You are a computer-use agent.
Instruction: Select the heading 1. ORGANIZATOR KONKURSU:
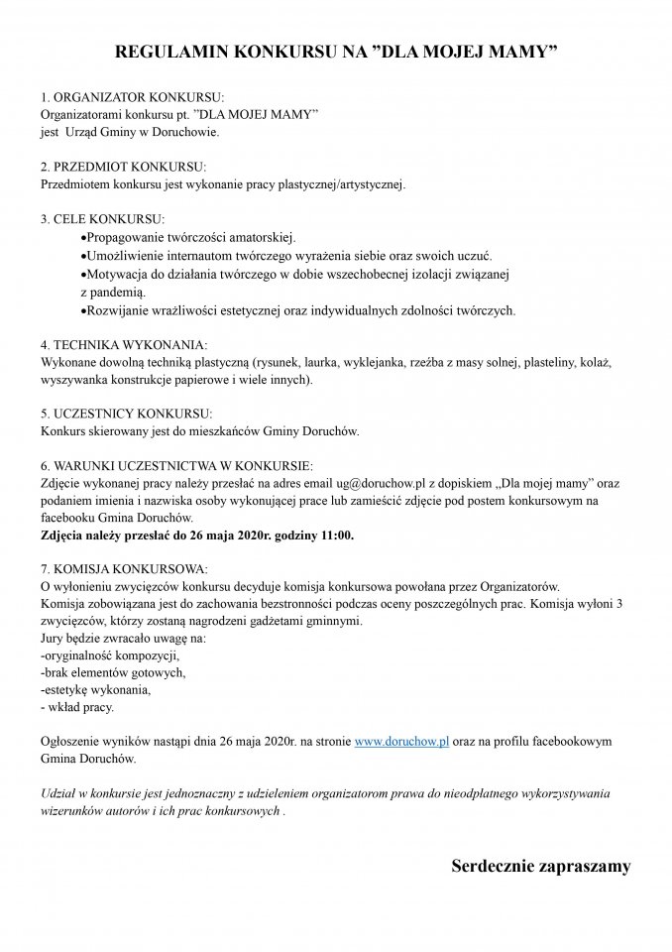(x=133, y=99)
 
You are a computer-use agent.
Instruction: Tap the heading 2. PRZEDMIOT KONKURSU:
(x=124, y=168)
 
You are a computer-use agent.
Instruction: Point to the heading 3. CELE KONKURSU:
(x=103, y=218)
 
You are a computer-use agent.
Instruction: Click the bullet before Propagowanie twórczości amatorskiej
(x=81, y=238)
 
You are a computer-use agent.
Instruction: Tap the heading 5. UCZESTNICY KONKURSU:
(x=127, y=414)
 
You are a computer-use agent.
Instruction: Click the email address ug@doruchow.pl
(x=380, y=483)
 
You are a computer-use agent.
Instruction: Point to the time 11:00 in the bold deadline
(x=334, y=535)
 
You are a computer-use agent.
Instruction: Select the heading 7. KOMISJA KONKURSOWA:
(x=124, y=569)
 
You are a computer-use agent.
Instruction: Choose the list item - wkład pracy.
(x=76, y=707)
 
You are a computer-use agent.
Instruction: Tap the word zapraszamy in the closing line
(x=587, y=867)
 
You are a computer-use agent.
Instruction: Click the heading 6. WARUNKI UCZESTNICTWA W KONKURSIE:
(x=176, y=465)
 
